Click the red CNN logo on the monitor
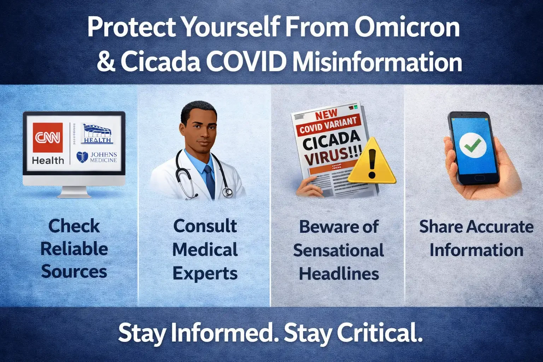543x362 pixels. click(48, 137)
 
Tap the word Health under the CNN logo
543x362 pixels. click(48, 160)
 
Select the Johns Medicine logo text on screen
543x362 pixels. click(103, 157)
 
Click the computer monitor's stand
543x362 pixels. click(74, 192)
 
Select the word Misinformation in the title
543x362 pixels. click(377, 62)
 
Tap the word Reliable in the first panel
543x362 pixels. click(74, 249)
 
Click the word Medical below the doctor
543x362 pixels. click(205, 250)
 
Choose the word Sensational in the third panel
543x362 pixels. click(338, 251)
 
